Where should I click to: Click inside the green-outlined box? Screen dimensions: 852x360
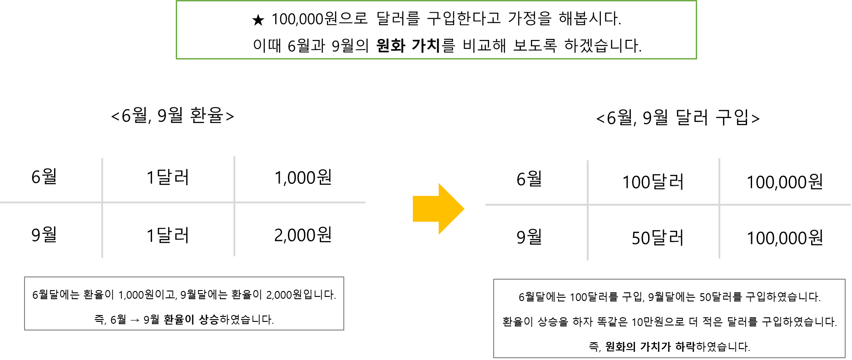tap(436, 30)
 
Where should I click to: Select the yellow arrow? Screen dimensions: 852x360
tap(436, 209)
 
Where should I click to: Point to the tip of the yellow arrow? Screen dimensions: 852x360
tap(464, 209)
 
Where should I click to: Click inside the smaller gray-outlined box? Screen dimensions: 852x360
tap(184, 303)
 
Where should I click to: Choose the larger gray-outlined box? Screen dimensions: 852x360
tap(669, 318)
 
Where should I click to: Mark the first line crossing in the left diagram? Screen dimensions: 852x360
tap(102, 202)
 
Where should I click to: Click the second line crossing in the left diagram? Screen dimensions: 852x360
tap(234, 202)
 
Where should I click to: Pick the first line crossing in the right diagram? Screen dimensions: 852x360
tap(588, 205)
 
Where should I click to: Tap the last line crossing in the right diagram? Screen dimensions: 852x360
tap(719, 205)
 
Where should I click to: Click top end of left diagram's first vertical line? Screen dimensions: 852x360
tap(102, 159)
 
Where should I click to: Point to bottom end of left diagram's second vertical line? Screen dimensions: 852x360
tap(234, 256)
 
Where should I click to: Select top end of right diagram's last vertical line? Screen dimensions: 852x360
tap(719, 159)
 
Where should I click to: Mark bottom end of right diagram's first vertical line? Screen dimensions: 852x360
tap(588, 260)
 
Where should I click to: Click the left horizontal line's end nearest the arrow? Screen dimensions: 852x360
tap(365, 202)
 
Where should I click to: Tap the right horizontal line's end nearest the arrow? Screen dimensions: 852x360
tap(486, 205)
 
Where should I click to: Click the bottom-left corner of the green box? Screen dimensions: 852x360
tap(177, 59)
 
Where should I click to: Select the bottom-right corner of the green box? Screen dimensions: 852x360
tap(696, 59)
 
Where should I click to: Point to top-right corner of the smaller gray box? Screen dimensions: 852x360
tap(343, 277)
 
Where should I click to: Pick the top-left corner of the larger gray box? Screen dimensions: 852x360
tap(494, 280)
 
